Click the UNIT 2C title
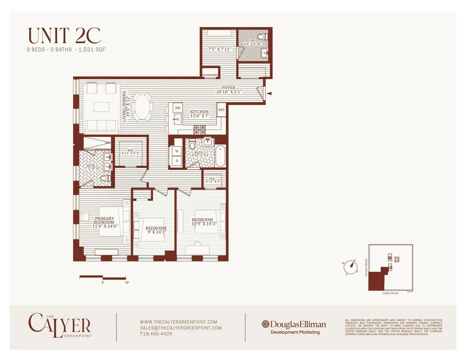tap(64, 36)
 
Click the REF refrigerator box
tap(221, 110)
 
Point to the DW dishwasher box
tap(177, 108)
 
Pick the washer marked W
tap(177, 150)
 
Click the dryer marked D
tap(177, 160)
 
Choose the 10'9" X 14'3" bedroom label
tap(202, 222)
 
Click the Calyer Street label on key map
tap(390, 293)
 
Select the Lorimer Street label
tap(366, 268)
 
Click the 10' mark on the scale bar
tap(127, 283)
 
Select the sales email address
tap(181, 328)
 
